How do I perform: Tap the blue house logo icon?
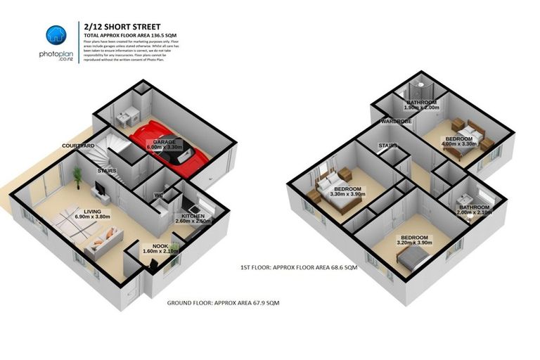(56, 35)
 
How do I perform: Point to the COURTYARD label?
(78, 146)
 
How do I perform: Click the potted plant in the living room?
(77, 175)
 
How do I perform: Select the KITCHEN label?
(193, 215)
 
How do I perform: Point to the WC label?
(159, 195)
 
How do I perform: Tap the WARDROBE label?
(395, 122)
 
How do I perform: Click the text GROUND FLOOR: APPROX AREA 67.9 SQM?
(223, 302)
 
